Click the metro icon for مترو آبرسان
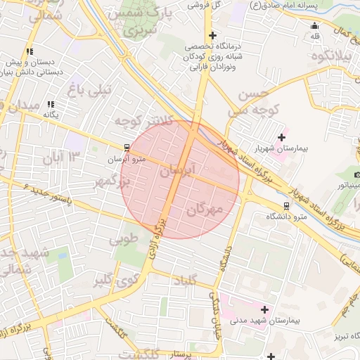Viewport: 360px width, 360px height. [x=127, y=148]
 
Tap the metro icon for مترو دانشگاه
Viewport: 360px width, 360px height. [x=285, y=206]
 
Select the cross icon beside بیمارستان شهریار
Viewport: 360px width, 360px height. [x=282, y=136]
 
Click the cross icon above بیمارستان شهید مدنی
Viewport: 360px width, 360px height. [x=264, y=309]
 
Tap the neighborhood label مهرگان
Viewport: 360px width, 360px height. [x=205, y=210]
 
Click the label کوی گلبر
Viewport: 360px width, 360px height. [x=112, y=282]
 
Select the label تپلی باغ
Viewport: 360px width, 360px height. [x=89, y=89]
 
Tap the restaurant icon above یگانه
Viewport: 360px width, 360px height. [x=50, y=104]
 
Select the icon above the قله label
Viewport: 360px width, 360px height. [x=314, y=26]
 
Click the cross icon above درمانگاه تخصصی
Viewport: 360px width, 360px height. [x=212, y=35]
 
